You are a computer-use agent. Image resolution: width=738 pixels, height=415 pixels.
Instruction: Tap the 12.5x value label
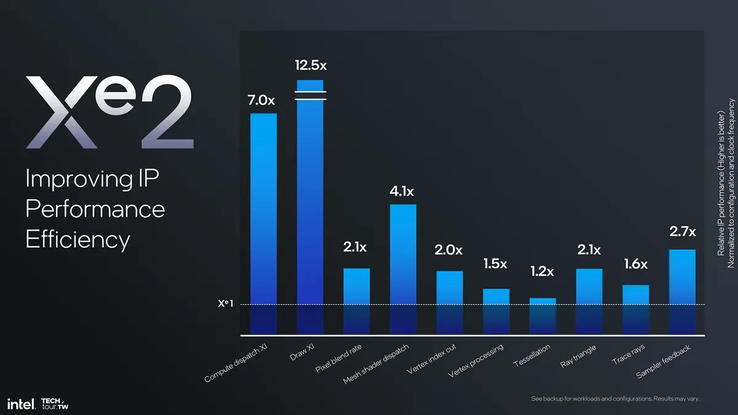pyautogui.click(x=311, y=65)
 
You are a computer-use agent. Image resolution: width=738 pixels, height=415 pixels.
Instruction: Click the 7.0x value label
pyautogui.click(x=261, y=100)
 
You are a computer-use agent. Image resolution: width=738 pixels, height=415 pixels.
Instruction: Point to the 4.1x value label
pyautogui.click(x=403, y=191)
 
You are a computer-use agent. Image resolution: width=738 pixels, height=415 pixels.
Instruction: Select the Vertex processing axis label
pyautogui.click(x=476, y=361)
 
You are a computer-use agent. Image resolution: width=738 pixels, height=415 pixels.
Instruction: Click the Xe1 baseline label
pyautogui.click(x=225, y=304)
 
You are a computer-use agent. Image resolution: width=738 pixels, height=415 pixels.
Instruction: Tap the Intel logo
pyautogui.click(x=20, y=403)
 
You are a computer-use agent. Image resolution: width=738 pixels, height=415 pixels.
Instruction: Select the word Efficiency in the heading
pyautogui.click(x=77, y=239)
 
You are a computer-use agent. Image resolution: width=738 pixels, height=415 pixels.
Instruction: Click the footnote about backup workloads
pyautogui.click(x=615, y=399)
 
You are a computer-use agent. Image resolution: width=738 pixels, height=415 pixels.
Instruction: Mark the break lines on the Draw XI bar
pyautogui.click(x=310, y=95)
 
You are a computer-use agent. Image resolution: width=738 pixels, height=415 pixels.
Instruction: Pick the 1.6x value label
pyautogui.click(x=635, y=264)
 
